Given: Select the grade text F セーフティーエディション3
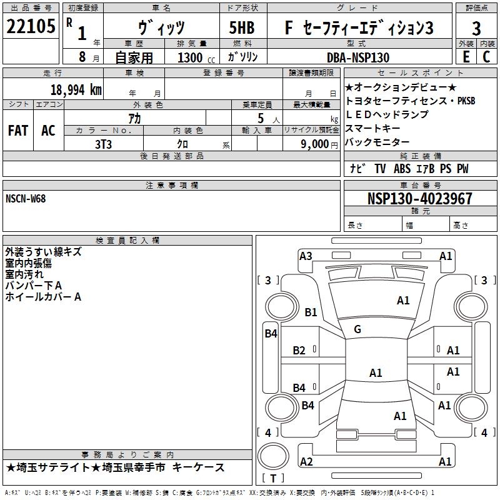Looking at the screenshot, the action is [x=359, y=28].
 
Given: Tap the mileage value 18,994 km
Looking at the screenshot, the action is [x=76, y=90].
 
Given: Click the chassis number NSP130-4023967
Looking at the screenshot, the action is [x=420, y=199].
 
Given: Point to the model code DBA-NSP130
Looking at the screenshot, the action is [x=358, y=57].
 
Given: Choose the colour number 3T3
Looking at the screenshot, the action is [x=103, y=144].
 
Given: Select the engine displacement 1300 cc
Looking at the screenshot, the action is [x=190, y=57].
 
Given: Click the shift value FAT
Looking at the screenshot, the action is [x=18, y=130].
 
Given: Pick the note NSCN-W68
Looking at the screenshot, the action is [x=26, y=199].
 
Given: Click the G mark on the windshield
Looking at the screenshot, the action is [x=357, y=329].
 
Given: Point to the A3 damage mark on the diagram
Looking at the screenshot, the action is [x=306, y=256].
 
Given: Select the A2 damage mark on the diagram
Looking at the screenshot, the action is [x=306, y=462].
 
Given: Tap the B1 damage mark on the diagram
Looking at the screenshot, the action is [x=311, y=312].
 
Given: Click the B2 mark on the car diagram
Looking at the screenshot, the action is [x=299, y=351].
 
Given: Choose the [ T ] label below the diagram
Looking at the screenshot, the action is [x=273, y=479].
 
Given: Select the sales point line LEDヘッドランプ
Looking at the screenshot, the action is [x=387, y=114].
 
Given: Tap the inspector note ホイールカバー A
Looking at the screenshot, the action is [x=43, y=297].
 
